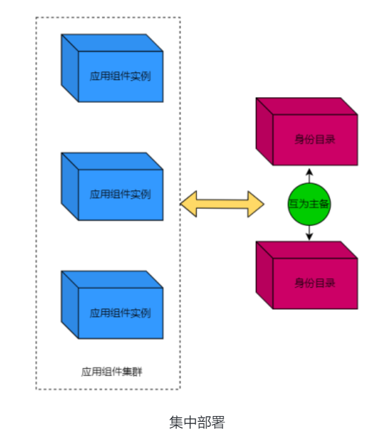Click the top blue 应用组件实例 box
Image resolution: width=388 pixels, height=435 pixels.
[113, 68]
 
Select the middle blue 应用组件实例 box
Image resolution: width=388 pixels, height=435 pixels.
[113, 187]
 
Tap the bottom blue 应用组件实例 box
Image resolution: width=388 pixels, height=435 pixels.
[113, 305]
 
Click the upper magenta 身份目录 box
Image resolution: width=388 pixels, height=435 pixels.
[307, 132]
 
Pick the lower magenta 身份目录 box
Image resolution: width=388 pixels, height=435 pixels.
[307, 275]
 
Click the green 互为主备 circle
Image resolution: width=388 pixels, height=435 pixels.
[309, 203]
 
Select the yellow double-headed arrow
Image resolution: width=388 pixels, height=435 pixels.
[222, 203]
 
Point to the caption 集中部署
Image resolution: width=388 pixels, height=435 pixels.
[197, 422]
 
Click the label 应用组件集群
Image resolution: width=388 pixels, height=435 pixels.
[112, 371]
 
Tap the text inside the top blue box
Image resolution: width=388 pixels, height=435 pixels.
[120, 76]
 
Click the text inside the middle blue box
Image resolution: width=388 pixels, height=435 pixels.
[120, 194]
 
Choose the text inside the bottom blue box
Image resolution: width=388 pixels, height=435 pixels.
[120, 313]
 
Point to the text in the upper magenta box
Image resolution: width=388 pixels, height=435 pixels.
[315, 140]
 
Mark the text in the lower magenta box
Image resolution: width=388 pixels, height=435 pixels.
[315, 283]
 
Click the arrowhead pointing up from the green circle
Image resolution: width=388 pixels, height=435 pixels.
[309, 172]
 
